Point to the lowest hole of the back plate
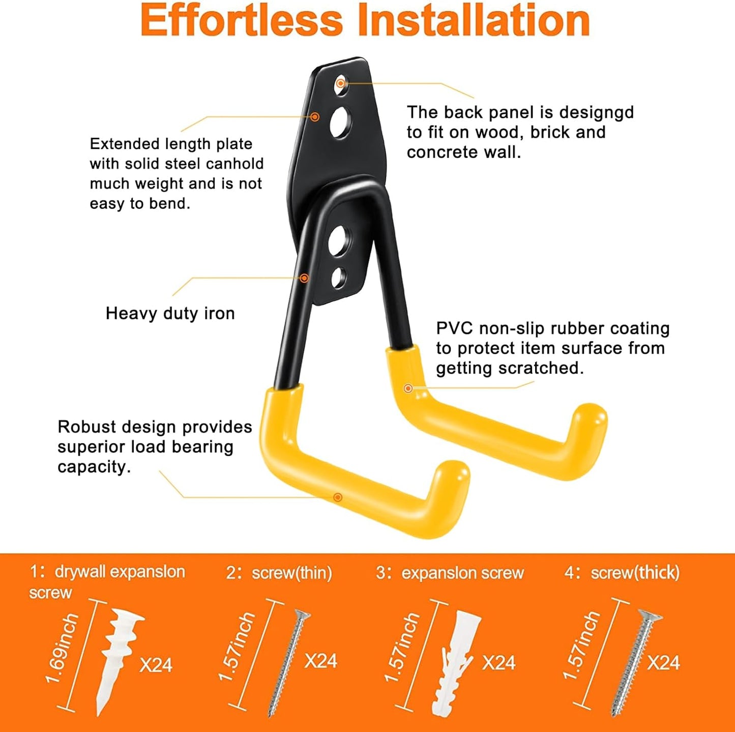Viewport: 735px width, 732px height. (338, 277)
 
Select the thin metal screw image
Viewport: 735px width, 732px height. (288, 662)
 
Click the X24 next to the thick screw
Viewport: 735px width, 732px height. (663, 663)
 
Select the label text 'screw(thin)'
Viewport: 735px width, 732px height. (291, 573)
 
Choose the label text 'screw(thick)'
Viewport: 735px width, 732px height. (635, 573)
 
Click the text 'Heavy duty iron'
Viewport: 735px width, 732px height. (170, 313)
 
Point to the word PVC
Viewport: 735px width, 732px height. (454, 328)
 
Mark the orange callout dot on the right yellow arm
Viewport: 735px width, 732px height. (408, 388)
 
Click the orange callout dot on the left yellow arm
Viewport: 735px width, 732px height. (337, 497)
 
